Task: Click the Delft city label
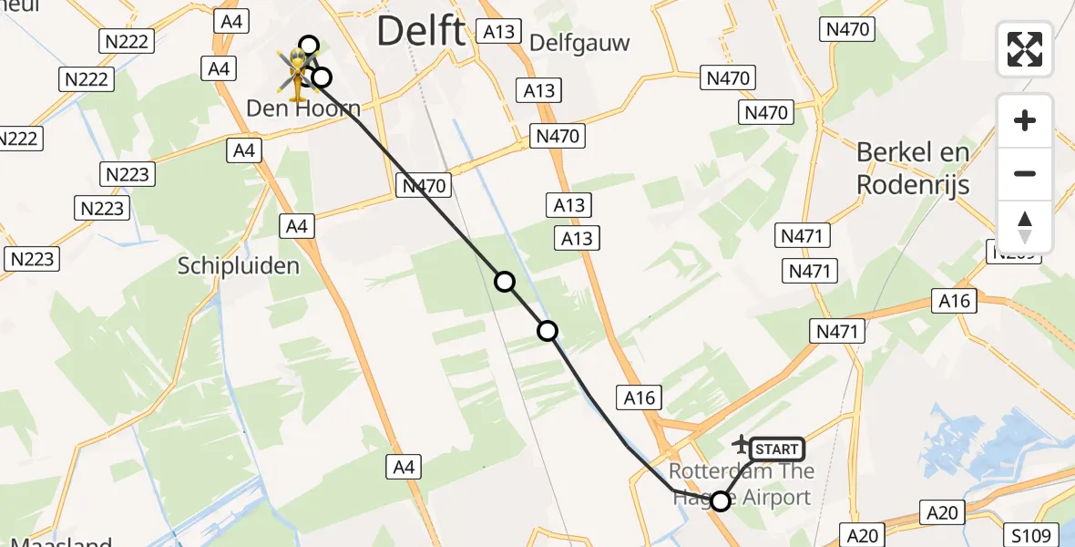(x=420, y=32)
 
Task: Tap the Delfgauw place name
(x=579, y=43)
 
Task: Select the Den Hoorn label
(x=303, y=108)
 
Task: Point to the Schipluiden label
(x=239, y=265)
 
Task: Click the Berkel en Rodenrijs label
(x=913, y=168)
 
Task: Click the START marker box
(x=777, y=449)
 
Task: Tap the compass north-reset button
(x=1025, y=227)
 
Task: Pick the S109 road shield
(x=1029, y=535)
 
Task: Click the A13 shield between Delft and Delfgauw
(x=498, y=32)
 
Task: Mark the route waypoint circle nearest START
(x=721, y=501)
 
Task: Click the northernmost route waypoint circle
(x=309, y=46)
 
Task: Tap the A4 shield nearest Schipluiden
(x=297, y=226)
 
